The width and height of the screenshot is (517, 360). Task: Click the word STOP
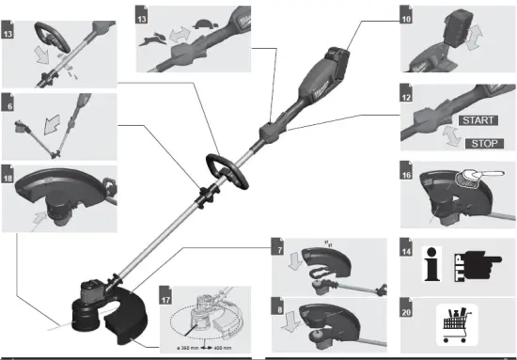pyautogui.click(x=484, y=144)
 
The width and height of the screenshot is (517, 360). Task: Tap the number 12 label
pyautogui.click(x=407, y=98)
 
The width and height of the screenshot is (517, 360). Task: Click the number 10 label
pyautogui.click(x=407, y=18)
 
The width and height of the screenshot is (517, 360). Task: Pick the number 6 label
pyautogui.click(x=8, y=98)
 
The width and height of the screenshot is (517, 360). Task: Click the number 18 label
pyautogui.click(x=8, y=176)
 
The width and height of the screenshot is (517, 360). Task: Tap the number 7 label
pyautogui.click(x=279, y=248)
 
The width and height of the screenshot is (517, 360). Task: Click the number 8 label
pyautogui.click(x=279, y=305)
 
